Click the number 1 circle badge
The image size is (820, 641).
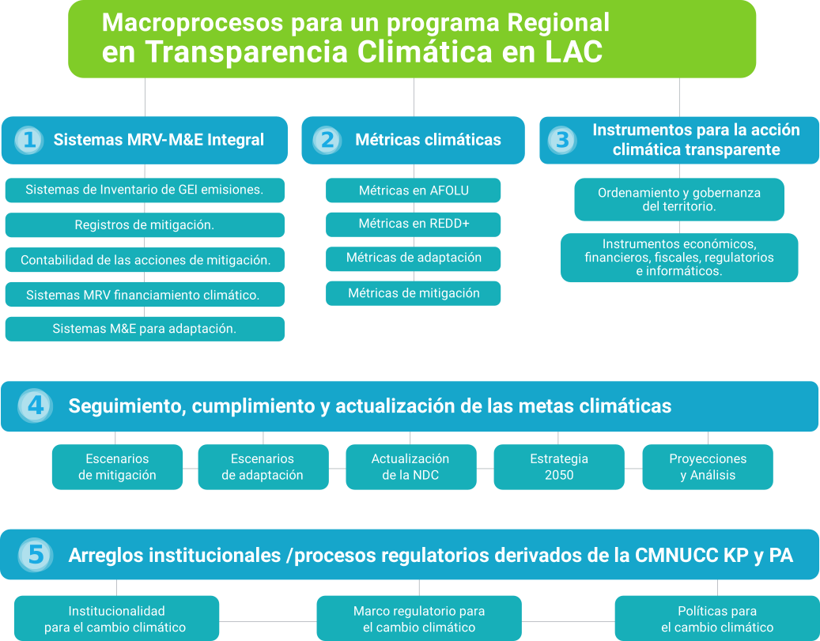pos(29,140)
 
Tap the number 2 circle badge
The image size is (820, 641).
pos(327,140)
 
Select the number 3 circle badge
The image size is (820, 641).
pos(562,140)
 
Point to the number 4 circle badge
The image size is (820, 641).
pos(35,405)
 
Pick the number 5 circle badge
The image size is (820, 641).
pos(35,555)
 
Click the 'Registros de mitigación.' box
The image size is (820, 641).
pos(145,224)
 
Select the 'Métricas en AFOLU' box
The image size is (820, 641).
pos(413,190)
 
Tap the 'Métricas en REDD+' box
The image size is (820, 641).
pos(413,224)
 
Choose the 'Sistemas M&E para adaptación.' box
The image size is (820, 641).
pos(145,329)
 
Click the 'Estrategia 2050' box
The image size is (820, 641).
pos(559,467)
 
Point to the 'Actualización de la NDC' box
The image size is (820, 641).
pos(411,467)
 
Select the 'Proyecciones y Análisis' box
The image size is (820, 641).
pos(708,467)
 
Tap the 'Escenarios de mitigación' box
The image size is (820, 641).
pos(117,467)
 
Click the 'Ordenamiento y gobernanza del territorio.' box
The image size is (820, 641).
pos(679,200)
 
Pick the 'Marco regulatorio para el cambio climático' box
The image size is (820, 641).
pos(419,619)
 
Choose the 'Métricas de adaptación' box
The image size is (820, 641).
pos(413,258)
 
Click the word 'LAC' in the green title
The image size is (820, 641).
pos(574,51)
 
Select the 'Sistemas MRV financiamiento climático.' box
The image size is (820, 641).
pos(145,294)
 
